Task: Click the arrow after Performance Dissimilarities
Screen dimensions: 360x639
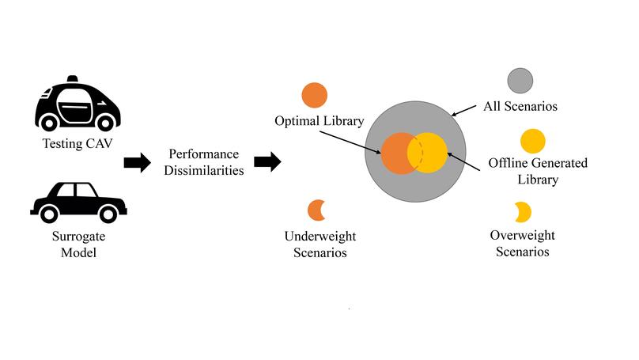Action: coord(267,163)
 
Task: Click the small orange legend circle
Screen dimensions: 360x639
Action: coord(314,95)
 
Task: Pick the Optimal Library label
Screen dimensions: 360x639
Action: coord(319,122)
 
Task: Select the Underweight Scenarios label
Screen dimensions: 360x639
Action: coord(316,244)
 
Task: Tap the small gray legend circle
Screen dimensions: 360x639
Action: coord(520,81)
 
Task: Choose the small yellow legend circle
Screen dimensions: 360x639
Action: coord(532,141)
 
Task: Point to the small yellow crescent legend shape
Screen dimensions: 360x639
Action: coord(523,211)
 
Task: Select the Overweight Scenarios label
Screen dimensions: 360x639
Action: coord(522,244)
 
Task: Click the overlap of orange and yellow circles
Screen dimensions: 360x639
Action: coord(414,153)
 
